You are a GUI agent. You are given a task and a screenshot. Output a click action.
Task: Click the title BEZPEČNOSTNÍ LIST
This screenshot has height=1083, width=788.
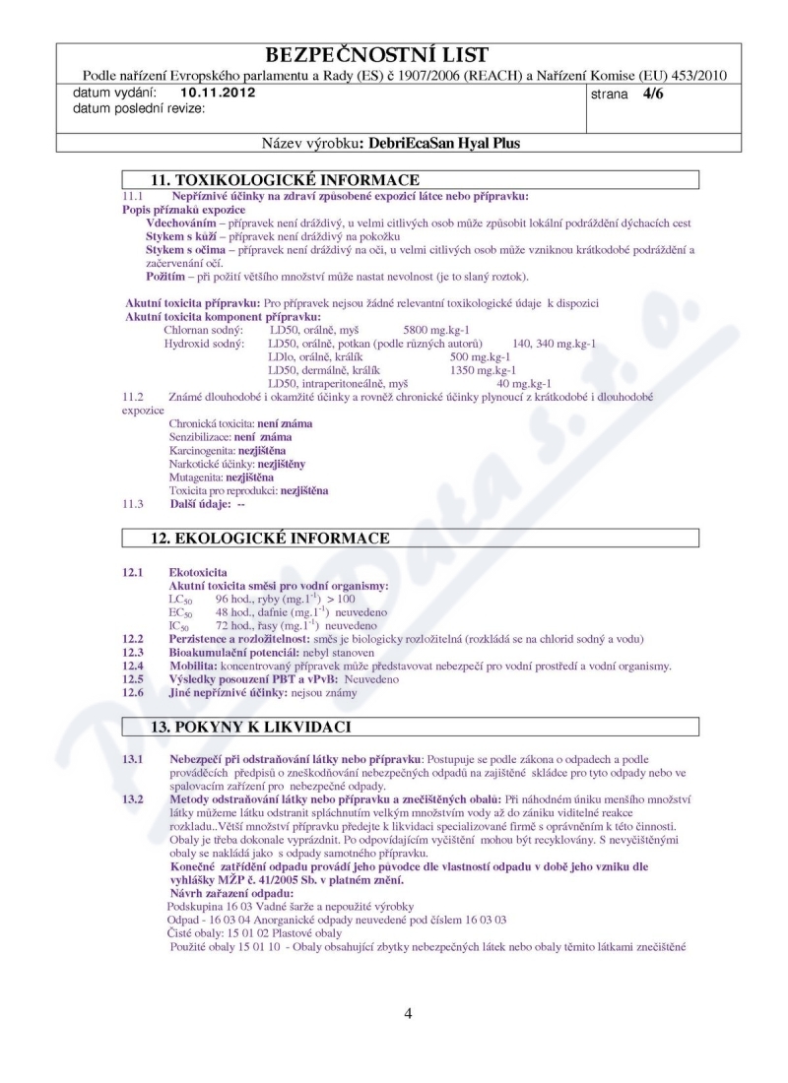click(x=391, y=54)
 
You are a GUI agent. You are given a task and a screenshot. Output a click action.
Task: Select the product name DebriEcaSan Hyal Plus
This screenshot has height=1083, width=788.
click(x=440, y=143)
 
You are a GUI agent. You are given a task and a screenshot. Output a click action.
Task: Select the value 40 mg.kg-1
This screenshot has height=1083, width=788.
click(x=524, y=384)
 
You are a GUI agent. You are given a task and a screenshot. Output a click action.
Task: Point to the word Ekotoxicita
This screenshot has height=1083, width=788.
click(x=198, y=572)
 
